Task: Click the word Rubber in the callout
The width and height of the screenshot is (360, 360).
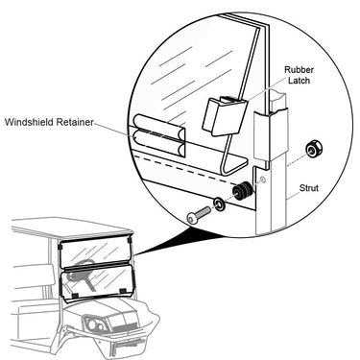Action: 300,70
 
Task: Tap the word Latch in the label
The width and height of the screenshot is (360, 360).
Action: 300,81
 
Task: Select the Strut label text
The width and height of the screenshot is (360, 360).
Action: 309,188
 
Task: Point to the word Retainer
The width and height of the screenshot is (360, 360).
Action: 75,122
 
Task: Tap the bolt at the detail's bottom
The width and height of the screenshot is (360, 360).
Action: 199,214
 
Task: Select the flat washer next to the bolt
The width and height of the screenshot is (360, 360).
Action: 220,204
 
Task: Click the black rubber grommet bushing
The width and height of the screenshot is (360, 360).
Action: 241,191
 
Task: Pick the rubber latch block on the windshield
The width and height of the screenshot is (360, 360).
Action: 224,115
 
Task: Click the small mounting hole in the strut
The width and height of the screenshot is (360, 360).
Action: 263,180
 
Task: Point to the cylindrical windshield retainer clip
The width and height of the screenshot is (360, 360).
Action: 159,136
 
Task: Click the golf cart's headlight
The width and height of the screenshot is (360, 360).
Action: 93,324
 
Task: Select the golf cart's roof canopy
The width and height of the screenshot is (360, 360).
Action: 72,228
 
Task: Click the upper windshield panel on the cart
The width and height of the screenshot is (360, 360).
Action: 95,252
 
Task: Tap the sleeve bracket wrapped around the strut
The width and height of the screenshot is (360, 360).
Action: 271,136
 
